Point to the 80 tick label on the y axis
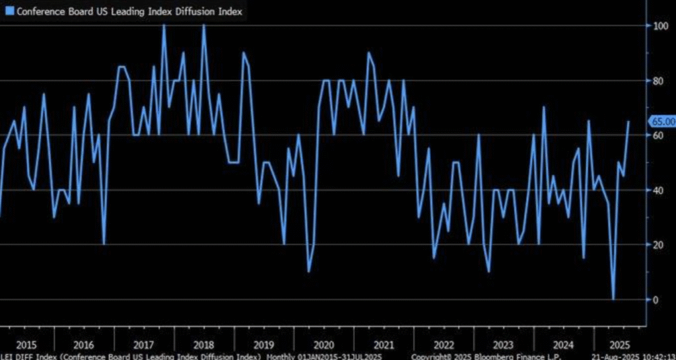657,81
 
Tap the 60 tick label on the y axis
657,135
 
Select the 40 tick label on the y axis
657,190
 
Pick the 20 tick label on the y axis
657,245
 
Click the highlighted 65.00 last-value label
663,122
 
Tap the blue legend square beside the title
9,11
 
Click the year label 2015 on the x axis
26,345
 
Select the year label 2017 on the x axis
143,345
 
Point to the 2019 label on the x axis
264,345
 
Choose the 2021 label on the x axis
384,345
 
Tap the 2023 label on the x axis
504,345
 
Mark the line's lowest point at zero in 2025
613,299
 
